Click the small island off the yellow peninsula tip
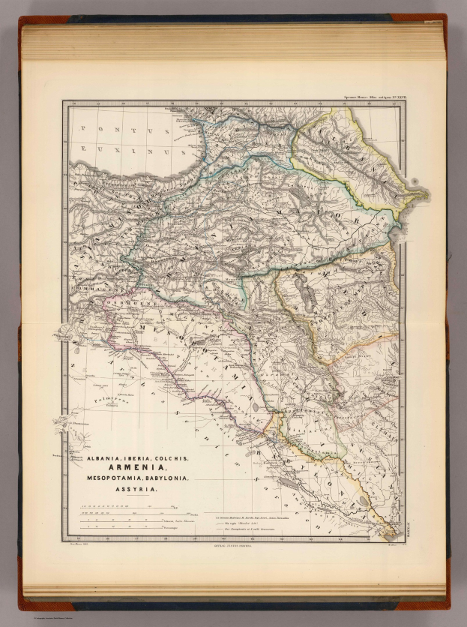415,181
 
